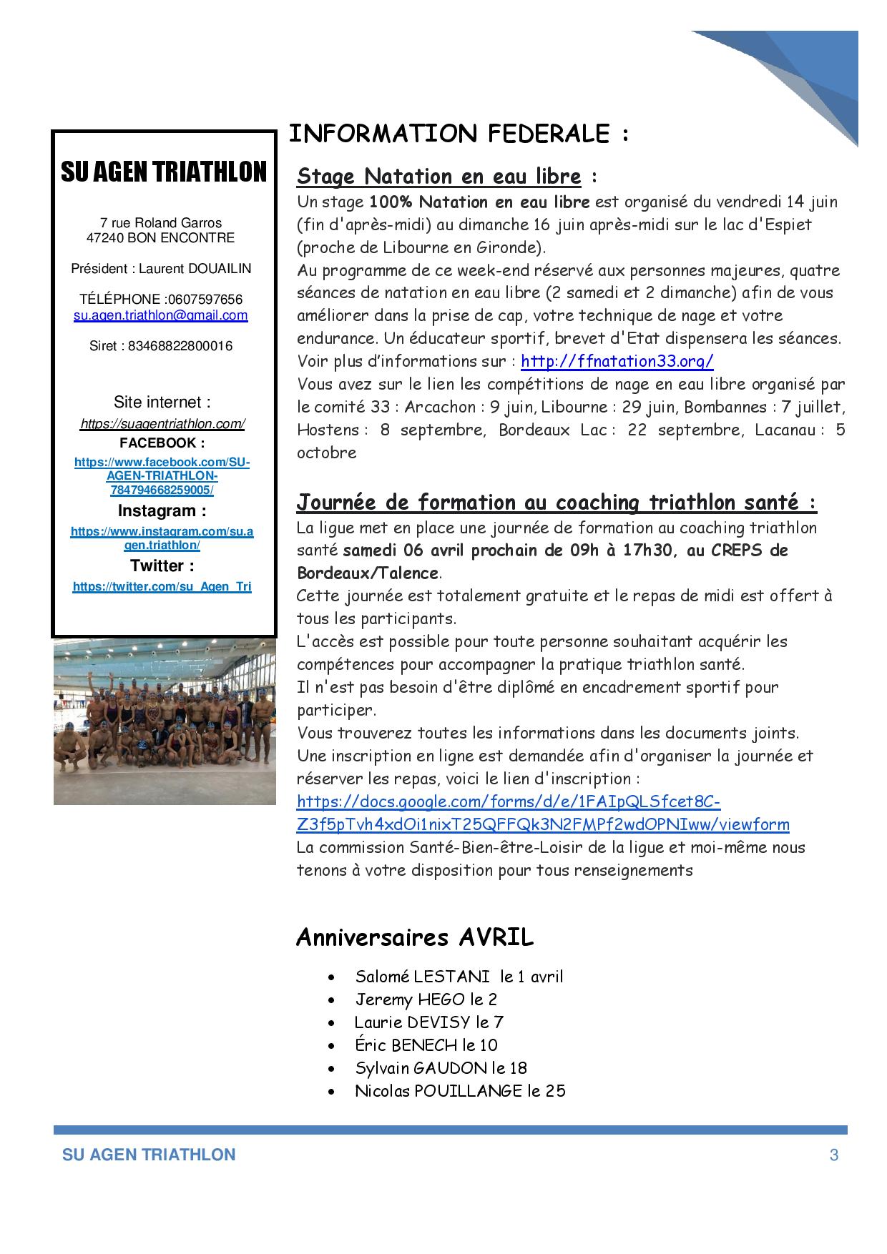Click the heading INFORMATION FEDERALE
[x=458, y=134]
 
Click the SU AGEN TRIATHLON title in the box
[x=164, y=172]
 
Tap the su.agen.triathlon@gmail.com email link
[x=161, y=315]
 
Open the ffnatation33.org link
[x=617, y=361]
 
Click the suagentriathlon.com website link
[x=162, y=424]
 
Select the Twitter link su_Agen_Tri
[x=162, y=587]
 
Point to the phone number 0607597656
[x=205, y=300]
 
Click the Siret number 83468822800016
[x=180, y=346]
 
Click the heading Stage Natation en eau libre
[x=438, y=176]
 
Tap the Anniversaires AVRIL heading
[x=415, y=937]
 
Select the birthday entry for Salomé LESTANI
[x=459, y=977]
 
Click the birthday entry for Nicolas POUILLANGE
[x=460, y=1091]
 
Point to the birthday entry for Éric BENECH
[x=426, y=1045]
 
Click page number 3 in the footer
[x=833, y=1155]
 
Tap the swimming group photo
[x=165, y=721]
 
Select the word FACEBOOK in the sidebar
[x=162, y=443]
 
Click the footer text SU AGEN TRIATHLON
[x=149, y=1155]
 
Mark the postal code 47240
[x=105, y=238]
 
